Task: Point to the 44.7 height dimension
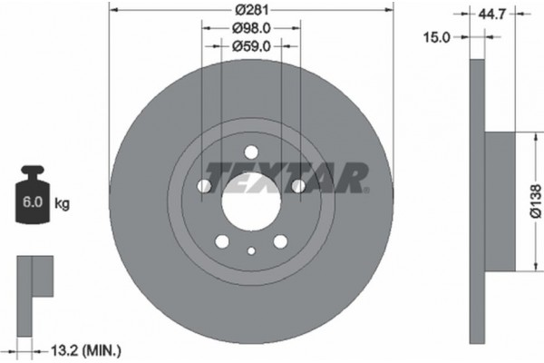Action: click(493, 13)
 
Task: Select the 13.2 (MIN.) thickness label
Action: click(88, 348)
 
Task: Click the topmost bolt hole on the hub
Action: click(251, 152)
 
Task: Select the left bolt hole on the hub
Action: click(205, 186)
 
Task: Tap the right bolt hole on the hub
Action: click(297, 186)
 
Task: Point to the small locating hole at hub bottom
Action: click(251, 251)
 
